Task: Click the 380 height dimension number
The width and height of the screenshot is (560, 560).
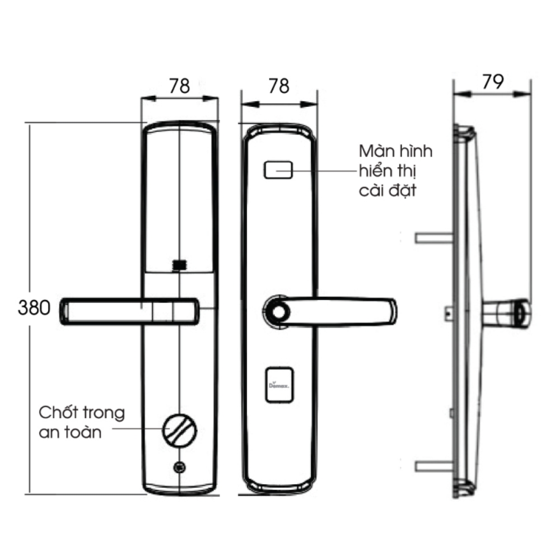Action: tap(34, 308)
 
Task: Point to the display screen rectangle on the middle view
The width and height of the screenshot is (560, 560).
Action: tap(278, 170)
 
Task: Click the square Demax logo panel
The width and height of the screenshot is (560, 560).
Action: tap(278, 385)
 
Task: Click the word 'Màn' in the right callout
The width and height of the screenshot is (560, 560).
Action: tap(376, 152)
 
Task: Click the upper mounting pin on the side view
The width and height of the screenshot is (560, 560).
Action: tap(434, 238)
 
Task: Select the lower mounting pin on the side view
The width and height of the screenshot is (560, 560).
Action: tap(434, 466)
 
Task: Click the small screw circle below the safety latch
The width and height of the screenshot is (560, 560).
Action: tap(180, 465)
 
